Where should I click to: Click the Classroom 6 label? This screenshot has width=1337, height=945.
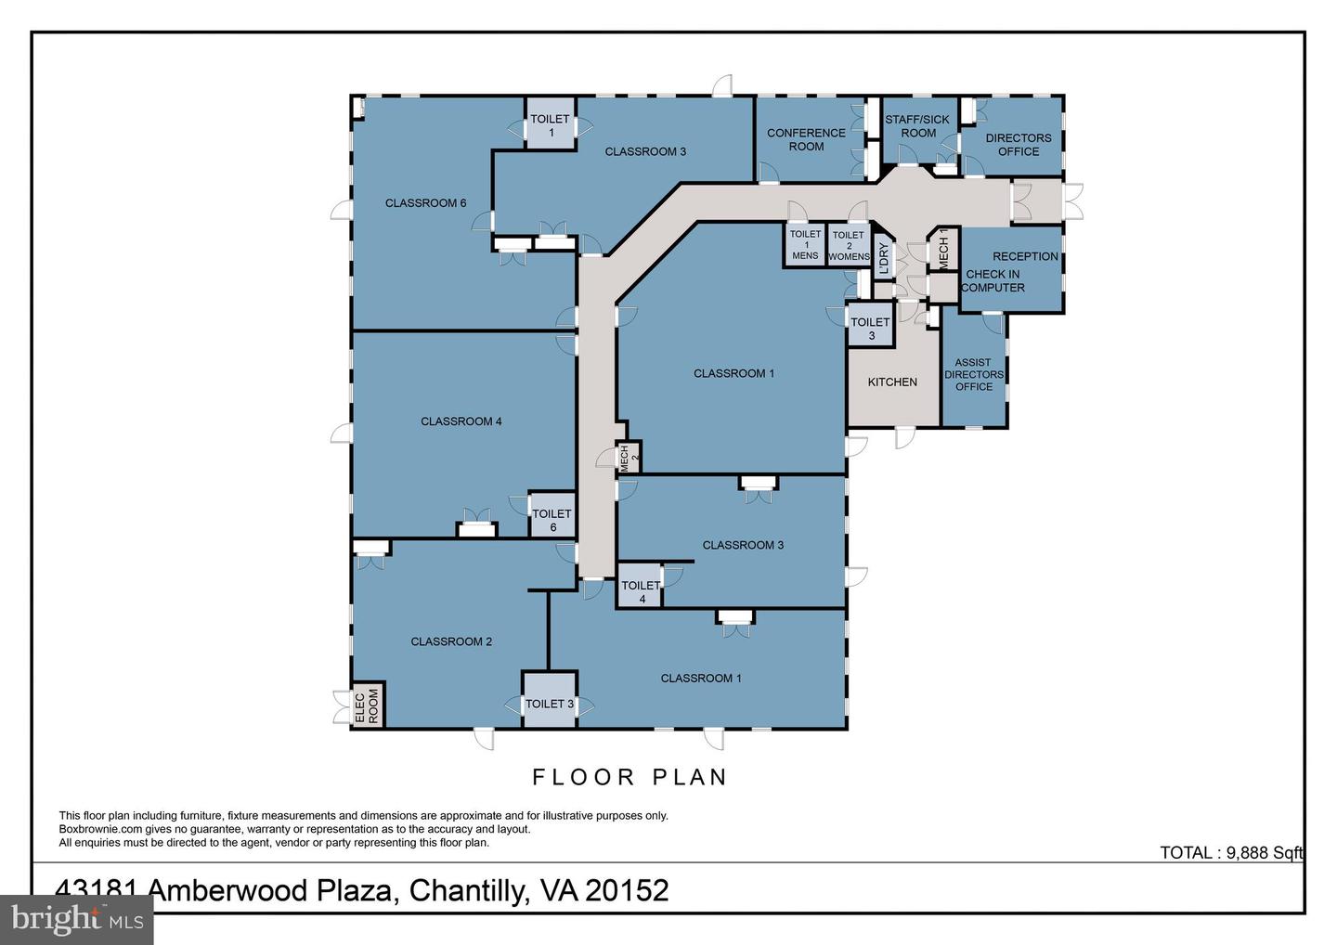pos(425,203)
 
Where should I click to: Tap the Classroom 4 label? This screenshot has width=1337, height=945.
pos(461,421)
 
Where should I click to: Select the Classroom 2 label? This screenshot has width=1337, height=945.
pos(451,642)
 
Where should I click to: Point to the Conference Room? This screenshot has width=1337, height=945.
pos(810,138)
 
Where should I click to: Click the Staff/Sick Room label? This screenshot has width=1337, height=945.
pos(917,126)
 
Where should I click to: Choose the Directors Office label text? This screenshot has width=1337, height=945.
pos(1019,145)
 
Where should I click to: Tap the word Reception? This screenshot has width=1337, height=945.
pos(1025,256)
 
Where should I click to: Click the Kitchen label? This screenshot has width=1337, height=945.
pos(892,382)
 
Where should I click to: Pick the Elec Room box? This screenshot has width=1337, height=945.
pos(368,706)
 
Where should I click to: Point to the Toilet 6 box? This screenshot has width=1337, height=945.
pos(552,515)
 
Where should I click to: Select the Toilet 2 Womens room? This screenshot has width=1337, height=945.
pos(849,245)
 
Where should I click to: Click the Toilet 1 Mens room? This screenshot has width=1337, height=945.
pos(805,245)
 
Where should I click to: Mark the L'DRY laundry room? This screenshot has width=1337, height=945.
pos(883,257)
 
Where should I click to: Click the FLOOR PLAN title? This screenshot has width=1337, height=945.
pos(630,777)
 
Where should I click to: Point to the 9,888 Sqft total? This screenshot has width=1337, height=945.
pos(1265,853)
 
